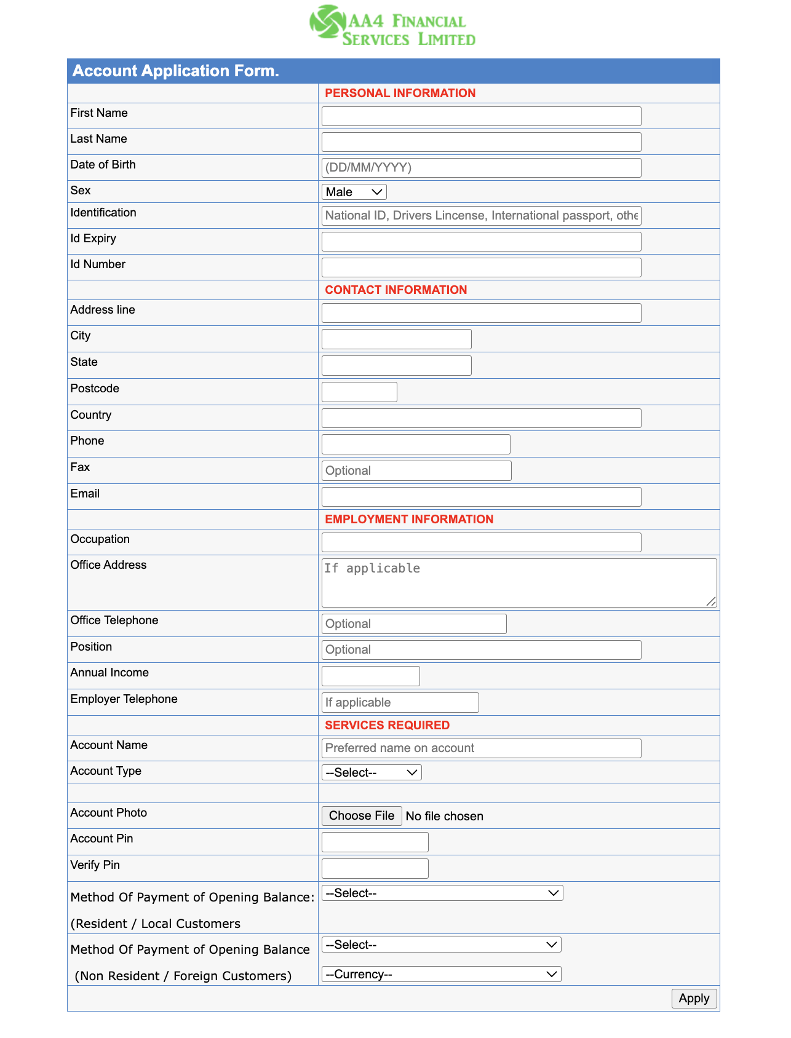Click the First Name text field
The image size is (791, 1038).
481,116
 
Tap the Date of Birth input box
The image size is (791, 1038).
481,168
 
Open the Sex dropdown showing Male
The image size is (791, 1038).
354,192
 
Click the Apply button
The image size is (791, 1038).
694,998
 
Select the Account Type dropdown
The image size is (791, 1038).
372,772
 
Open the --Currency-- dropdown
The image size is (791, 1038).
441,974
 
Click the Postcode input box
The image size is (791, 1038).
359,392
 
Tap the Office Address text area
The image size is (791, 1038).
519,583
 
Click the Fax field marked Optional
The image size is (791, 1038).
416,470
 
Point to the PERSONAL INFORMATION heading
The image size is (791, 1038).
400,93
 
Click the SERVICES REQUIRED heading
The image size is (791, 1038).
387,725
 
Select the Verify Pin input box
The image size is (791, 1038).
375,868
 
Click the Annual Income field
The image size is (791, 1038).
370,676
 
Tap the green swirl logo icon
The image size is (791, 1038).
327,22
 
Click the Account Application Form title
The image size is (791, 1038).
176,71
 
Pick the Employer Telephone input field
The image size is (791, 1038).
400,702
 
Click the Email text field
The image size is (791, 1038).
481,497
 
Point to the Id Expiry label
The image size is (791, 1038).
93,239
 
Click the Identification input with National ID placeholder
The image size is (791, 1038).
481,215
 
